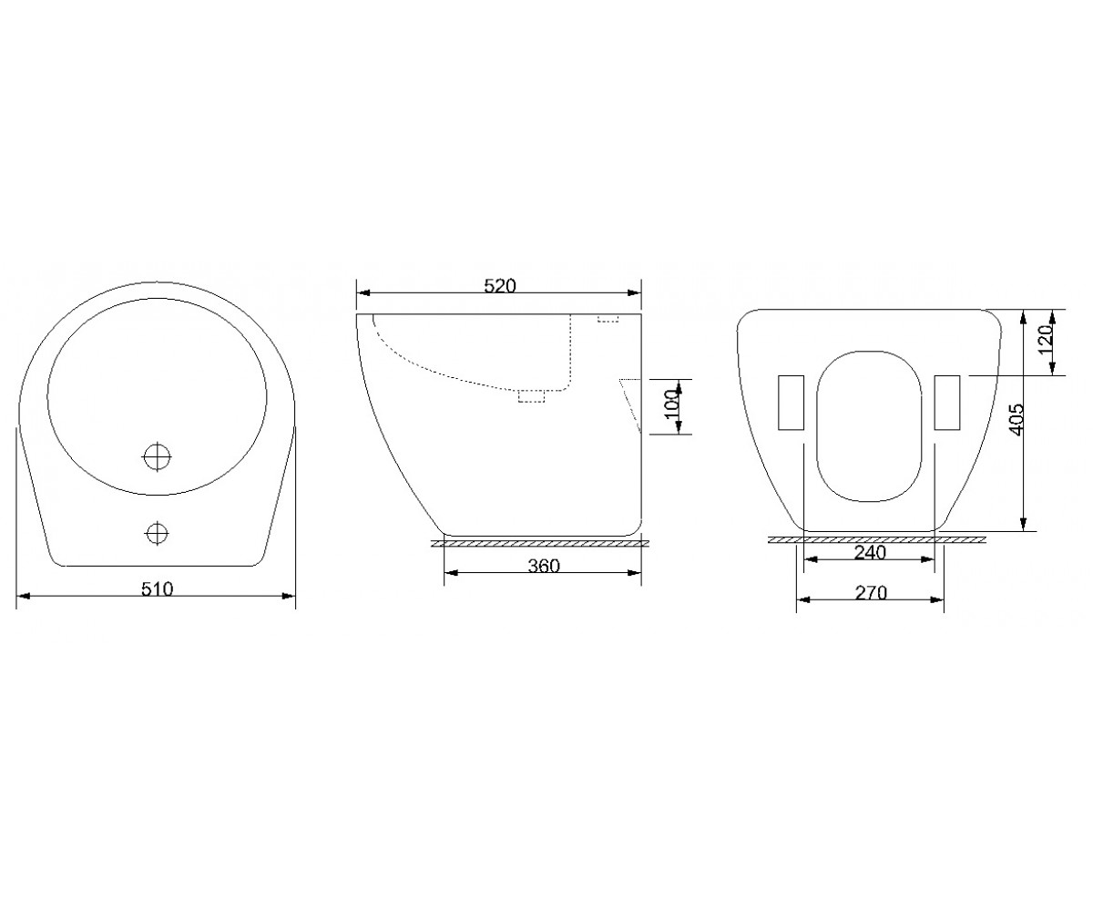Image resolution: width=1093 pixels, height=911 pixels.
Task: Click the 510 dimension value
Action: (157, 589)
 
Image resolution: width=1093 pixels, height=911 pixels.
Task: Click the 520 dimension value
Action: (500, 286)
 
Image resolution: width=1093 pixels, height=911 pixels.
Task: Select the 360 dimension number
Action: (544, 566)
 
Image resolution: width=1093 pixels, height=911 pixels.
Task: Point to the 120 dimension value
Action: (1045, 340)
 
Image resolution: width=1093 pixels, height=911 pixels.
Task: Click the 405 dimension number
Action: (1016, 419)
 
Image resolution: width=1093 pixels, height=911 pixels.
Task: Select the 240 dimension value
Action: (870, 552)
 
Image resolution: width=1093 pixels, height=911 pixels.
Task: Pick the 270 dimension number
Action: (871, 593)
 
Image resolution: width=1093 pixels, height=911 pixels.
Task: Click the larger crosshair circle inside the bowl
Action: (157, 456)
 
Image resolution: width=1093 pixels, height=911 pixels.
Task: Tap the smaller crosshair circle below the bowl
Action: (157, 534)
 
